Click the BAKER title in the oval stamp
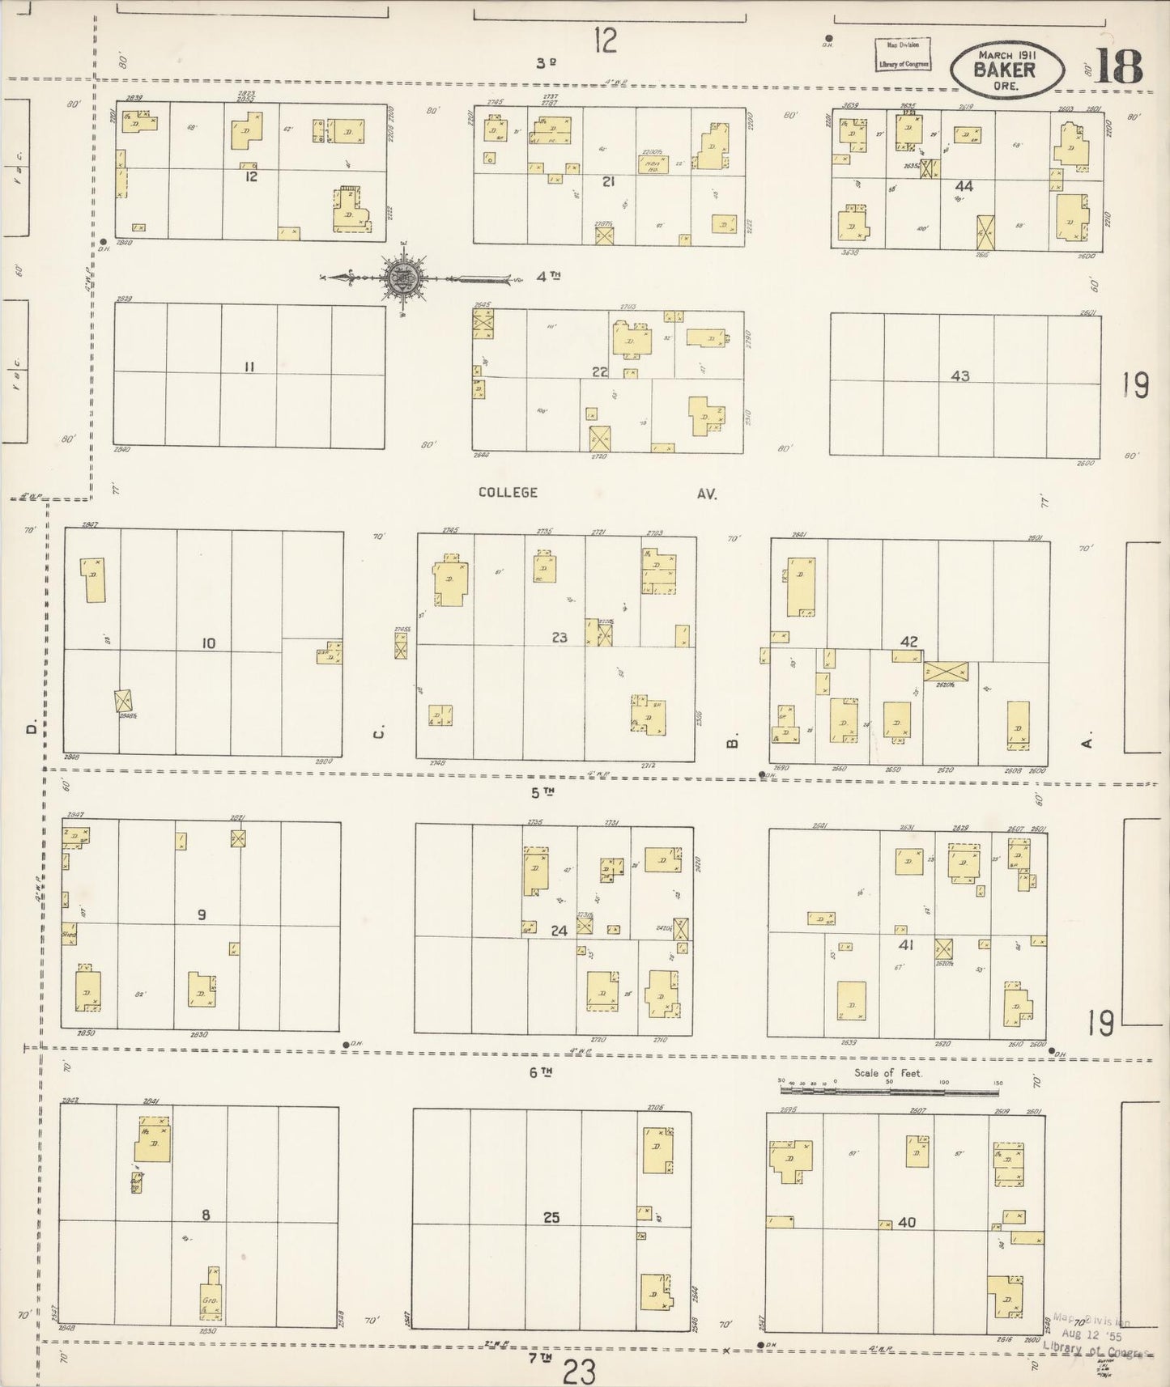[1005, 70]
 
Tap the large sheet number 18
[1118, 66]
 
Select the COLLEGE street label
[508, 492]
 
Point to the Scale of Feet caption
[889, 1073]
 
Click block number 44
[964, 186]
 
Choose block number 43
[960, 376]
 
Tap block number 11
[249, 367]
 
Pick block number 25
[551, 1217]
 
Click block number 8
[206, 1214]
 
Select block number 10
[208, 643]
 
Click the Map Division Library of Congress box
[902, 54]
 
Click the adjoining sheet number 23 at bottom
[580, 1372]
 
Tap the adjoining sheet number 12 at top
[605, 40]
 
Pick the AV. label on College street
[706, 493]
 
